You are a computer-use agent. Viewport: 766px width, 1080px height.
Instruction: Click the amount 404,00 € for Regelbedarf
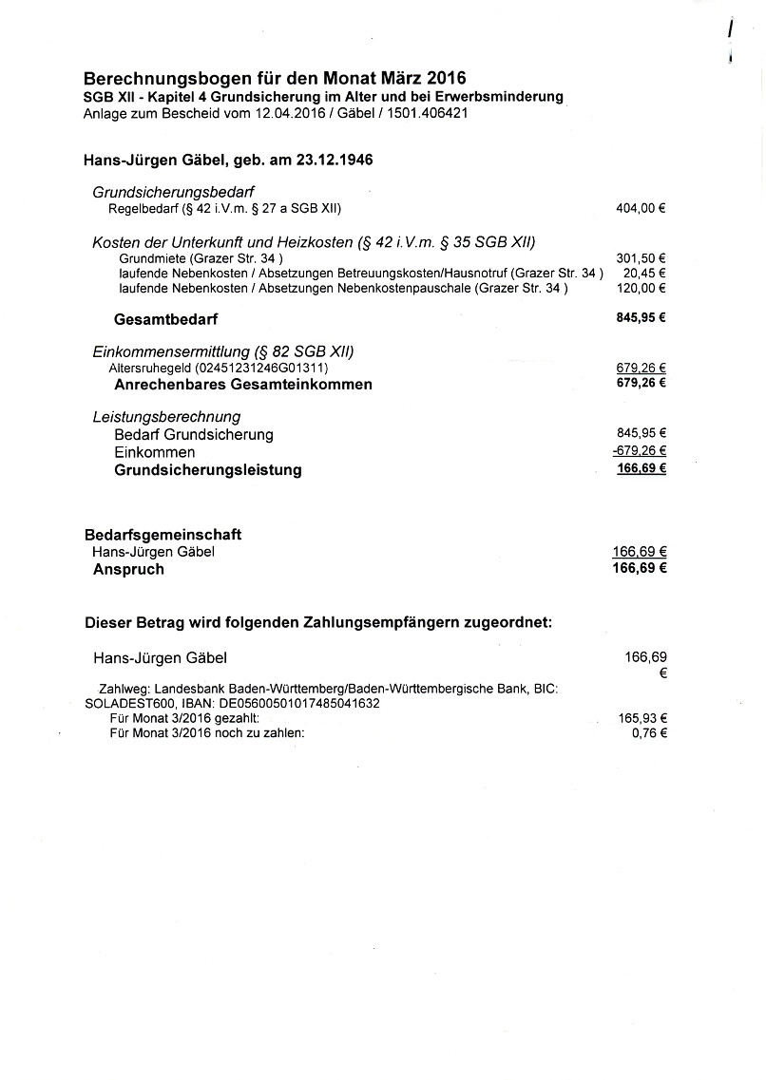(641, 208)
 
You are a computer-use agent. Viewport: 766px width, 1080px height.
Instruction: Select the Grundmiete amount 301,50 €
(641, 257)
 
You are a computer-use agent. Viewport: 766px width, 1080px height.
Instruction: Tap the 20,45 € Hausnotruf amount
(644, 273)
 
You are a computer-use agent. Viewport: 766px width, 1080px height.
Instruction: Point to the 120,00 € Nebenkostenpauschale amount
(641, 288)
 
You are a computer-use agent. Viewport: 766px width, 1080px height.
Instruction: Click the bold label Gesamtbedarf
(165, 319)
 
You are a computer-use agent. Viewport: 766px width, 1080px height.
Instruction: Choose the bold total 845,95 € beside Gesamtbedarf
(641, 318)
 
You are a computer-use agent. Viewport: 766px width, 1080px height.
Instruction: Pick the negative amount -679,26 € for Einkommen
(639, 451)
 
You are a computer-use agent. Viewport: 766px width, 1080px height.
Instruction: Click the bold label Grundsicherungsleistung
(208, 469)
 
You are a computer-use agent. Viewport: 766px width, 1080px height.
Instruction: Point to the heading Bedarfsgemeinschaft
(163, 536)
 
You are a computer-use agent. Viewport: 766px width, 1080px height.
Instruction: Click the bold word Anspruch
(128, 569)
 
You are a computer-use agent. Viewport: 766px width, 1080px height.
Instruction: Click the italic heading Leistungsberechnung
(166, 416)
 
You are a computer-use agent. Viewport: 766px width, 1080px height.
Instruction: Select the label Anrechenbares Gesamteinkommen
(243, 385)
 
